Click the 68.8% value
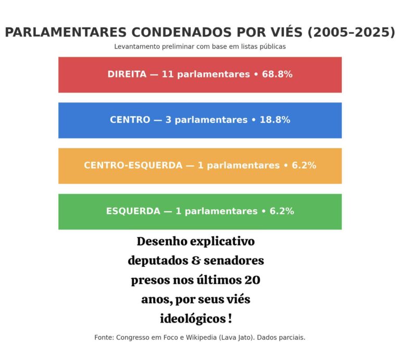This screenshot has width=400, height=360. [x=277, y=74]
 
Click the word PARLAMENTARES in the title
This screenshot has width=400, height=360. [x=66, y=32]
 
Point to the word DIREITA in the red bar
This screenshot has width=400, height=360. [x=127, y=74]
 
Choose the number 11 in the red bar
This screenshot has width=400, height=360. [x=167, y=74]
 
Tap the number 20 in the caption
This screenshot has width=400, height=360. [x=252, y=280]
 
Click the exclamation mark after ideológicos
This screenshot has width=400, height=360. [x=230, y=318]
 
